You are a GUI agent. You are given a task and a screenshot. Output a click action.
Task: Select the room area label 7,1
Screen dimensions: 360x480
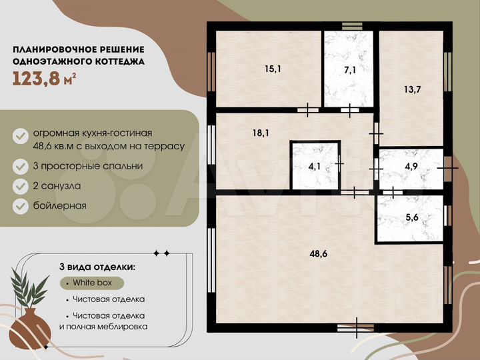(x=350, y=69)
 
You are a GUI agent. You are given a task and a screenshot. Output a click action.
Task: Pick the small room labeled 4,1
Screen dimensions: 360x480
(x=313, y=167)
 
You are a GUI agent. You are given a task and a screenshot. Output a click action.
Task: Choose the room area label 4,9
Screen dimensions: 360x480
(x=411, y=166)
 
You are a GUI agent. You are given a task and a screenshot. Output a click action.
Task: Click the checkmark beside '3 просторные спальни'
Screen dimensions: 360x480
(x=21, y=165)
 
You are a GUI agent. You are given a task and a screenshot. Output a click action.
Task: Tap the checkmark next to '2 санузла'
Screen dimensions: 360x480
(x=21, y=185)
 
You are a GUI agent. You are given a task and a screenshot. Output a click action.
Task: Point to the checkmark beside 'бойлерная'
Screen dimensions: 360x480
(x=21, y=205)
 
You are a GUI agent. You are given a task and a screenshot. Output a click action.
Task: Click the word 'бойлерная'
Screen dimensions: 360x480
(x=59, y=205)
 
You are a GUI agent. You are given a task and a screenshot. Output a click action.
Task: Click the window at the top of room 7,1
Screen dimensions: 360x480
(x=351, y=27)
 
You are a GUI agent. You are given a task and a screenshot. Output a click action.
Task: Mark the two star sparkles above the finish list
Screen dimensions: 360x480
(x=161, y=253)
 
